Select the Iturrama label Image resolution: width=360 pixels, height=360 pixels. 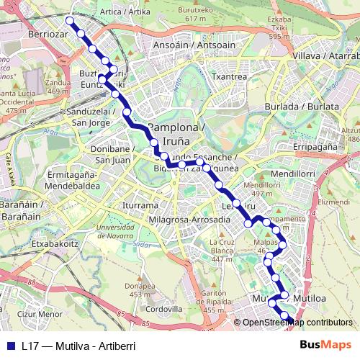click(x=139, y=204)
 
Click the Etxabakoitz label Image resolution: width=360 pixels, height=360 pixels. click(x=54, y=244)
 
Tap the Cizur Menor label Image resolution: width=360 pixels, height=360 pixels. click(x=40, y=314)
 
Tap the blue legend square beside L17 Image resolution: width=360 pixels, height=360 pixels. click(x=10, y=346)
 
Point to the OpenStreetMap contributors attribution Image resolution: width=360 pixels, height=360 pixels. click(x=297, y=322)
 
